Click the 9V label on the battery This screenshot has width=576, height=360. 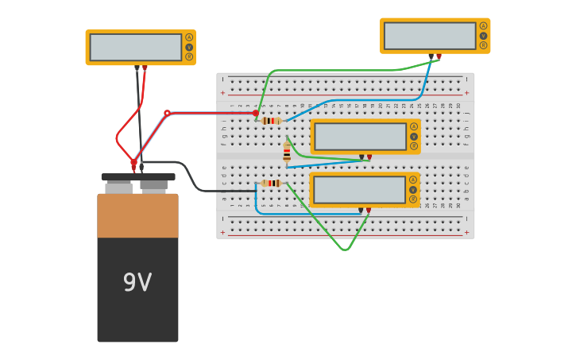coord(137,282)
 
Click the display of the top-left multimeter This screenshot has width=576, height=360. coord(136,47)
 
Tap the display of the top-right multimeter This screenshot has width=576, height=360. coord(430,36)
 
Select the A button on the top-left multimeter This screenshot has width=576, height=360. coord(189,37)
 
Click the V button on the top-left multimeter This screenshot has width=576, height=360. coord(189,47)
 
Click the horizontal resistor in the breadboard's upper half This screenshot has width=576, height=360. coord(271,121)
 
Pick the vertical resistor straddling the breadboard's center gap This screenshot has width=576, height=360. coord(287,153)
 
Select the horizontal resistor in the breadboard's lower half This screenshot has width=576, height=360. coord(271,183)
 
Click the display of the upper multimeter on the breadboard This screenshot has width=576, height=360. coord(360,137)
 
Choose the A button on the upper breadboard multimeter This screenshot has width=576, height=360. coord(414,126)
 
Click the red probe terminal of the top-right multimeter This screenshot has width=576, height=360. coord(439,56)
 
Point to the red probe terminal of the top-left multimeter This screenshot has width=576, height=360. coord(145,68)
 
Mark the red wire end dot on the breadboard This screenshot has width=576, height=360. coord(255,113)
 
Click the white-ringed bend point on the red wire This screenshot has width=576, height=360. coord(167,113)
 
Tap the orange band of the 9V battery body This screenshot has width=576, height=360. coord(137,215)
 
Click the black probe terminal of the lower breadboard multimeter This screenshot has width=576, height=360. coord(361,211)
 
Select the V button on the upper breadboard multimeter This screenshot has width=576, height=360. coord(414,137)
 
